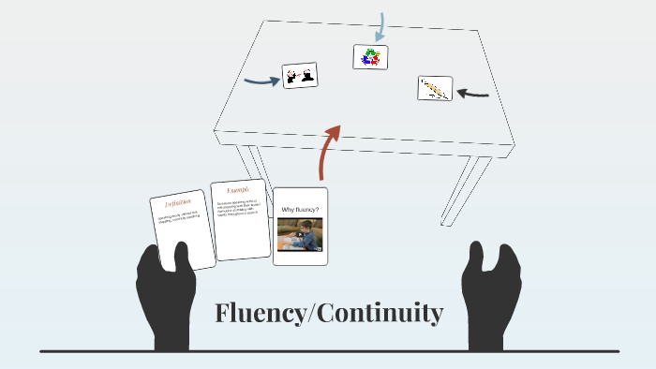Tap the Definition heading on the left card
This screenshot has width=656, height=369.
[178, 201]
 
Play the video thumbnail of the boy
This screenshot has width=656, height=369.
[300, 234]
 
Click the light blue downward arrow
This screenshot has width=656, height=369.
[380, 26]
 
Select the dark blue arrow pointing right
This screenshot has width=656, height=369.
[261, 81]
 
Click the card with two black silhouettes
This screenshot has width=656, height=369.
[300, 76]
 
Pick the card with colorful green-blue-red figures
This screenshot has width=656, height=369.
[370, 57]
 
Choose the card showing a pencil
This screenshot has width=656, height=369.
[435, 88]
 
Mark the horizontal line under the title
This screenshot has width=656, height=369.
[328, 351]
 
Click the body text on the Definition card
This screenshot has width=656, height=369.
[182, 222]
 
